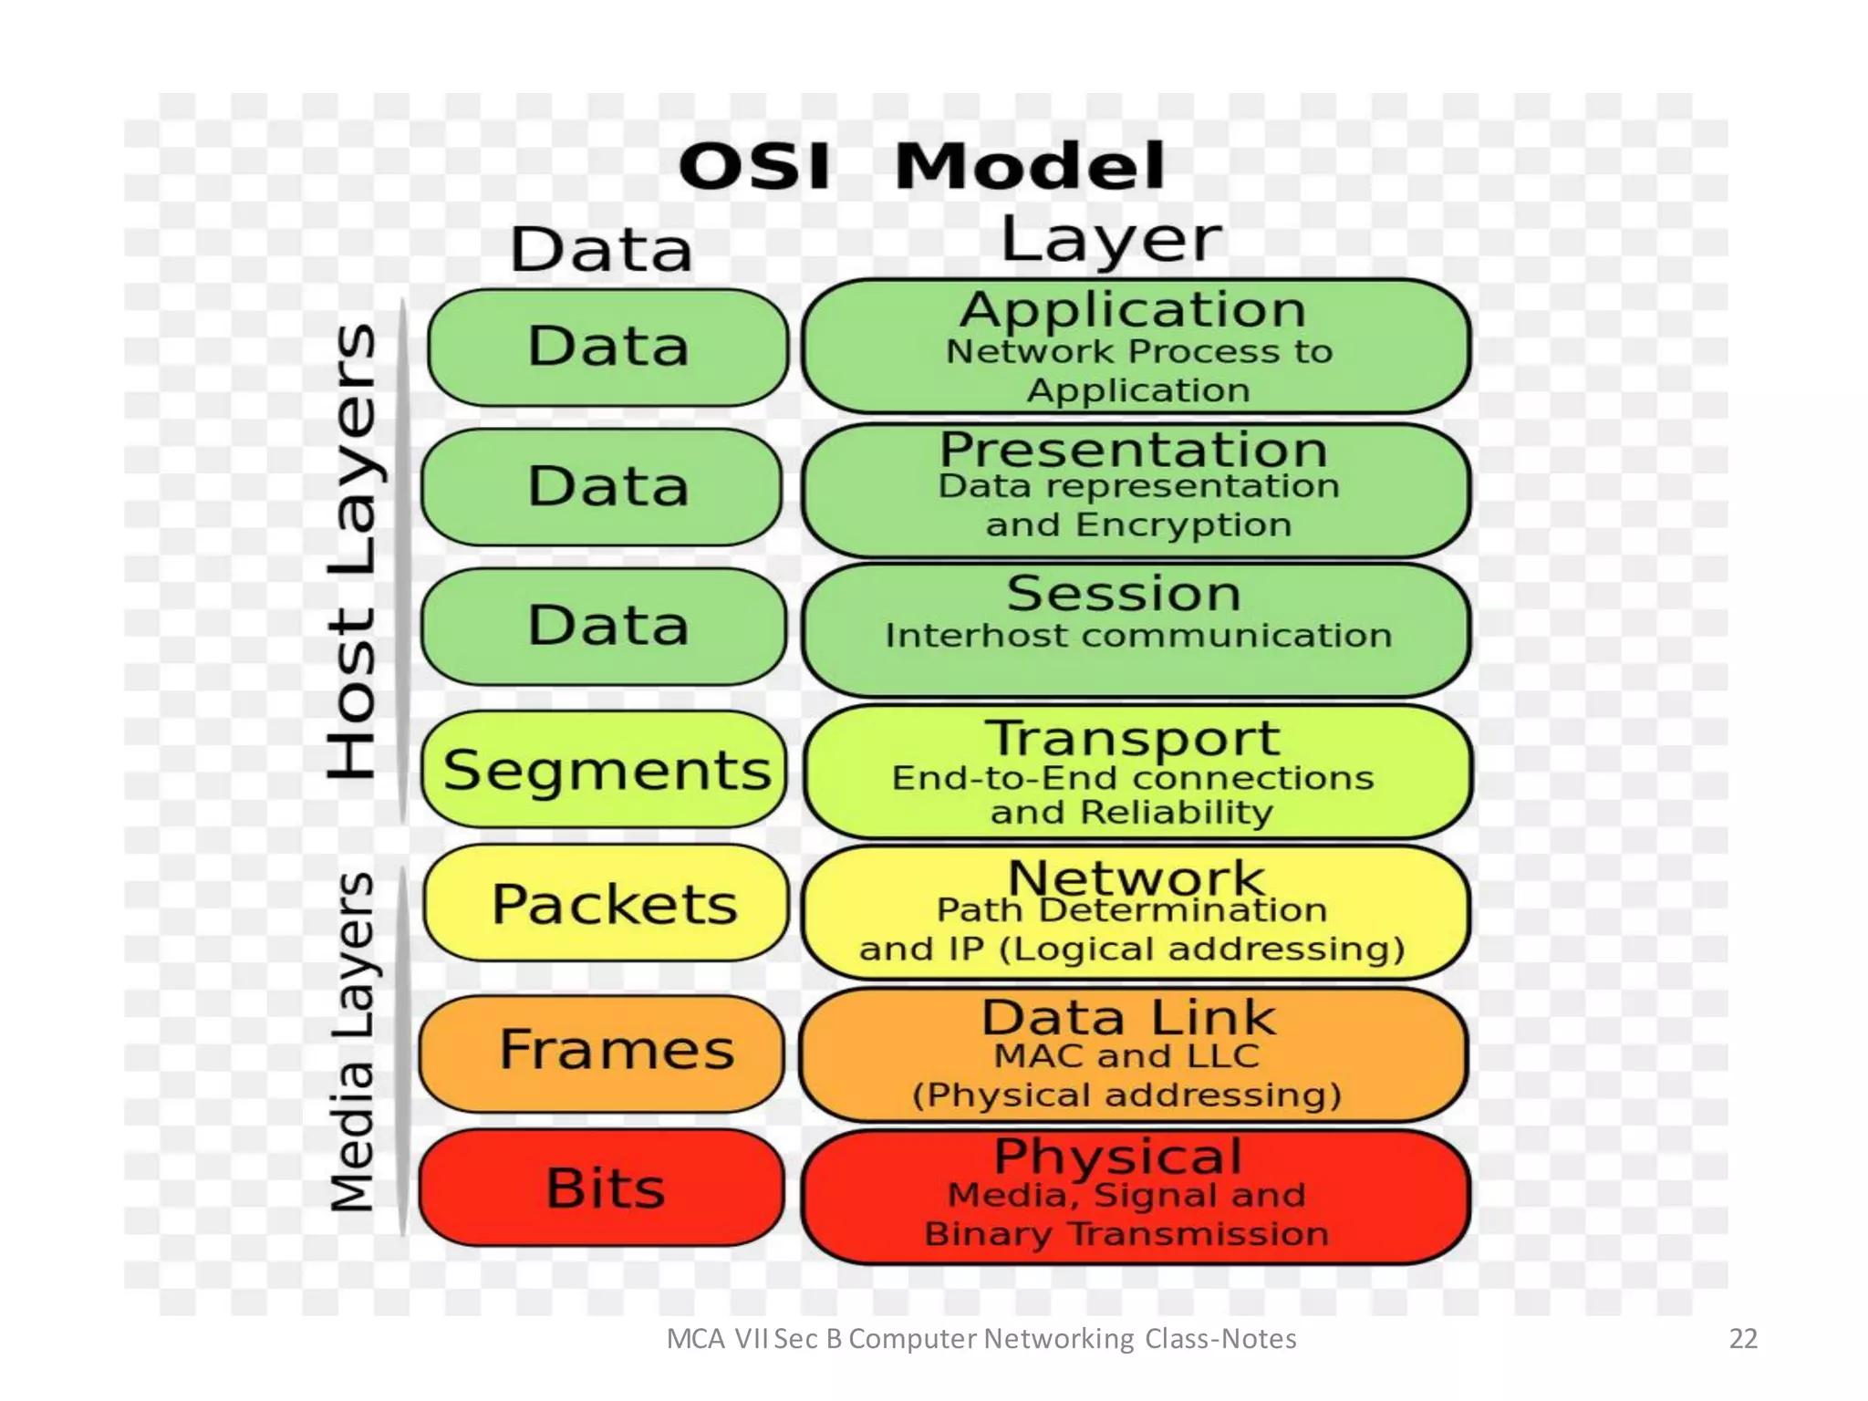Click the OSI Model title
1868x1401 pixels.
[x=921, y=166]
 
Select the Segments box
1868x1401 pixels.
[x=604, y=770]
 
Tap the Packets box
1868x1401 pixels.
[x=606, y=903]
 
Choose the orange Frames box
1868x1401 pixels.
[x=602, y=1051]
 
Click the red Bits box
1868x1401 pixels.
[x=602, y=1188]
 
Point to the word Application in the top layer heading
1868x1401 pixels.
[x=1133, y=310]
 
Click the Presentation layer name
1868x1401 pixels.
[x=1133, y=449]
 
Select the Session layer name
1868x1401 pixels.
[x=1124, y=594]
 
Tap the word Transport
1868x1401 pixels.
[x=1133, y=737]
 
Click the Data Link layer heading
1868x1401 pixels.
[x=1128, y=1017]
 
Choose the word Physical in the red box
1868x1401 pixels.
[x=1118, y=1157]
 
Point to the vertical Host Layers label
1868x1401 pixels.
[x=352, y=551]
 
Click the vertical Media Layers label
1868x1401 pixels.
[x=352, y=1042]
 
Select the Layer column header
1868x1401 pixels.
[x=1111, y=239]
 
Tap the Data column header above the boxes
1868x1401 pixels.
[x=602, y=250]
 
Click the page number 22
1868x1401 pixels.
[x=1743, y=1339]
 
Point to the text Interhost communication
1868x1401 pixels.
[x=1138, y=636]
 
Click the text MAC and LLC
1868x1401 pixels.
[x=1127, y=1056]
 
